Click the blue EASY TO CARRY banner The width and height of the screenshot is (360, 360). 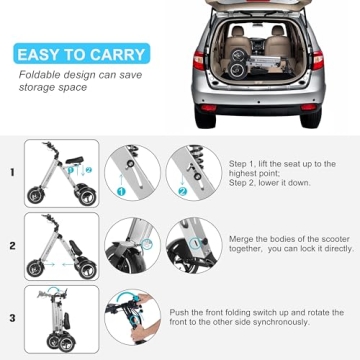point(82,53)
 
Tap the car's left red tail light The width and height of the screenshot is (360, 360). point(199,60)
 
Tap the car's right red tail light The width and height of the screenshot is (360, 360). point(318,60)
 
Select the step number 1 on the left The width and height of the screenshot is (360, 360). point(12,172)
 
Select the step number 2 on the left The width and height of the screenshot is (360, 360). point(12,246)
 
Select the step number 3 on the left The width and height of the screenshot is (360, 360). point(12,318)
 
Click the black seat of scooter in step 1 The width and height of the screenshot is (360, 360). point(74,160)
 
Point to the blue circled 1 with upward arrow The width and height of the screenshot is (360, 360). point(121,185)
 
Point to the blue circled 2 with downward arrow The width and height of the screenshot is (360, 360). point(183,185)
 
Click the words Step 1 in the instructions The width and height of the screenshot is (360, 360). point(239,164)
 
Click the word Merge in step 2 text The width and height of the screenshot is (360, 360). point(241,239)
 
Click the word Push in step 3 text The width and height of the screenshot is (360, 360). point(178,313)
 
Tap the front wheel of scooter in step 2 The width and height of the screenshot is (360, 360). point(34,268)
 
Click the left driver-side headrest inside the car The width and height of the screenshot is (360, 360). point(238,32)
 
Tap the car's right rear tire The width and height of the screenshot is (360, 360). point(311,117)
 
